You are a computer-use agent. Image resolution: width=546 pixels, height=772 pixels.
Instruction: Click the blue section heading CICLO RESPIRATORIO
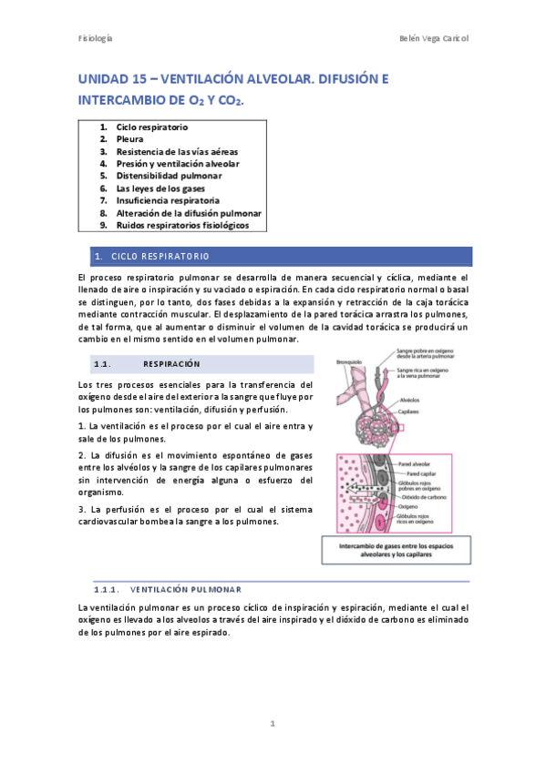pos(160,256)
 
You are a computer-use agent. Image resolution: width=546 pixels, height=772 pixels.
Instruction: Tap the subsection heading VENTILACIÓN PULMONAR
pos(186,589)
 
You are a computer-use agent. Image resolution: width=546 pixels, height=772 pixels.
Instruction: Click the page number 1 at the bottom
pos(273,724)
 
